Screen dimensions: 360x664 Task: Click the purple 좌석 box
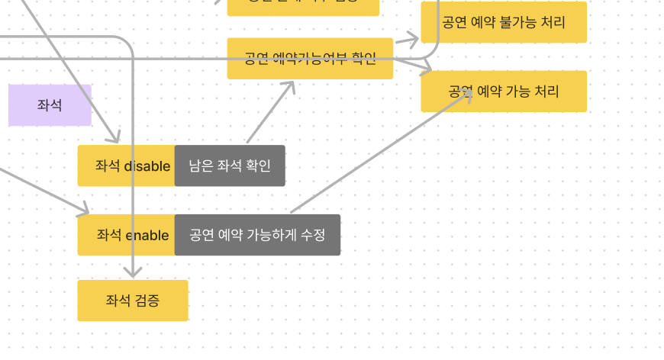[x=50, y=105]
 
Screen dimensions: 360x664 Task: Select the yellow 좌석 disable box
[x=126, y=166]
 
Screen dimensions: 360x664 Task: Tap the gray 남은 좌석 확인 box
[x=230, y=166]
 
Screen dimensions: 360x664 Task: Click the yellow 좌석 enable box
[x=126, y=235]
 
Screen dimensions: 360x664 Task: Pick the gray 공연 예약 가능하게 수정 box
[x=257, y=235]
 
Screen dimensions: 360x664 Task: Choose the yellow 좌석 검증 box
[x=133, y=301]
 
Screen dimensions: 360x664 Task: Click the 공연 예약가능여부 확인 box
[x=310, y=59]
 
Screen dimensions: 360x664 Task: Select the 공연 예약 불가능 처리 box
[x=504, y=22]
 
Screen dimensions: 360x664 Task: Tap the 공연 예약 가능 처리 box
[x=504, y=92]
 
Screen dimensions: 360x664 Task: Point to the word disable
[x=147, y=166]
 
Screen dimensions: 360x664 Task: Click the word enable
[x=147, y=235]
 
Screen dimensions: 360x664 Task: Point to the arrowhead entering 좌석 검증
[x=133, y=273]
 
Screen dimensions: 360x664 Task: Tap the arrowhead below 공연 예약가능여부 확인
[x=290, y=85]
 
